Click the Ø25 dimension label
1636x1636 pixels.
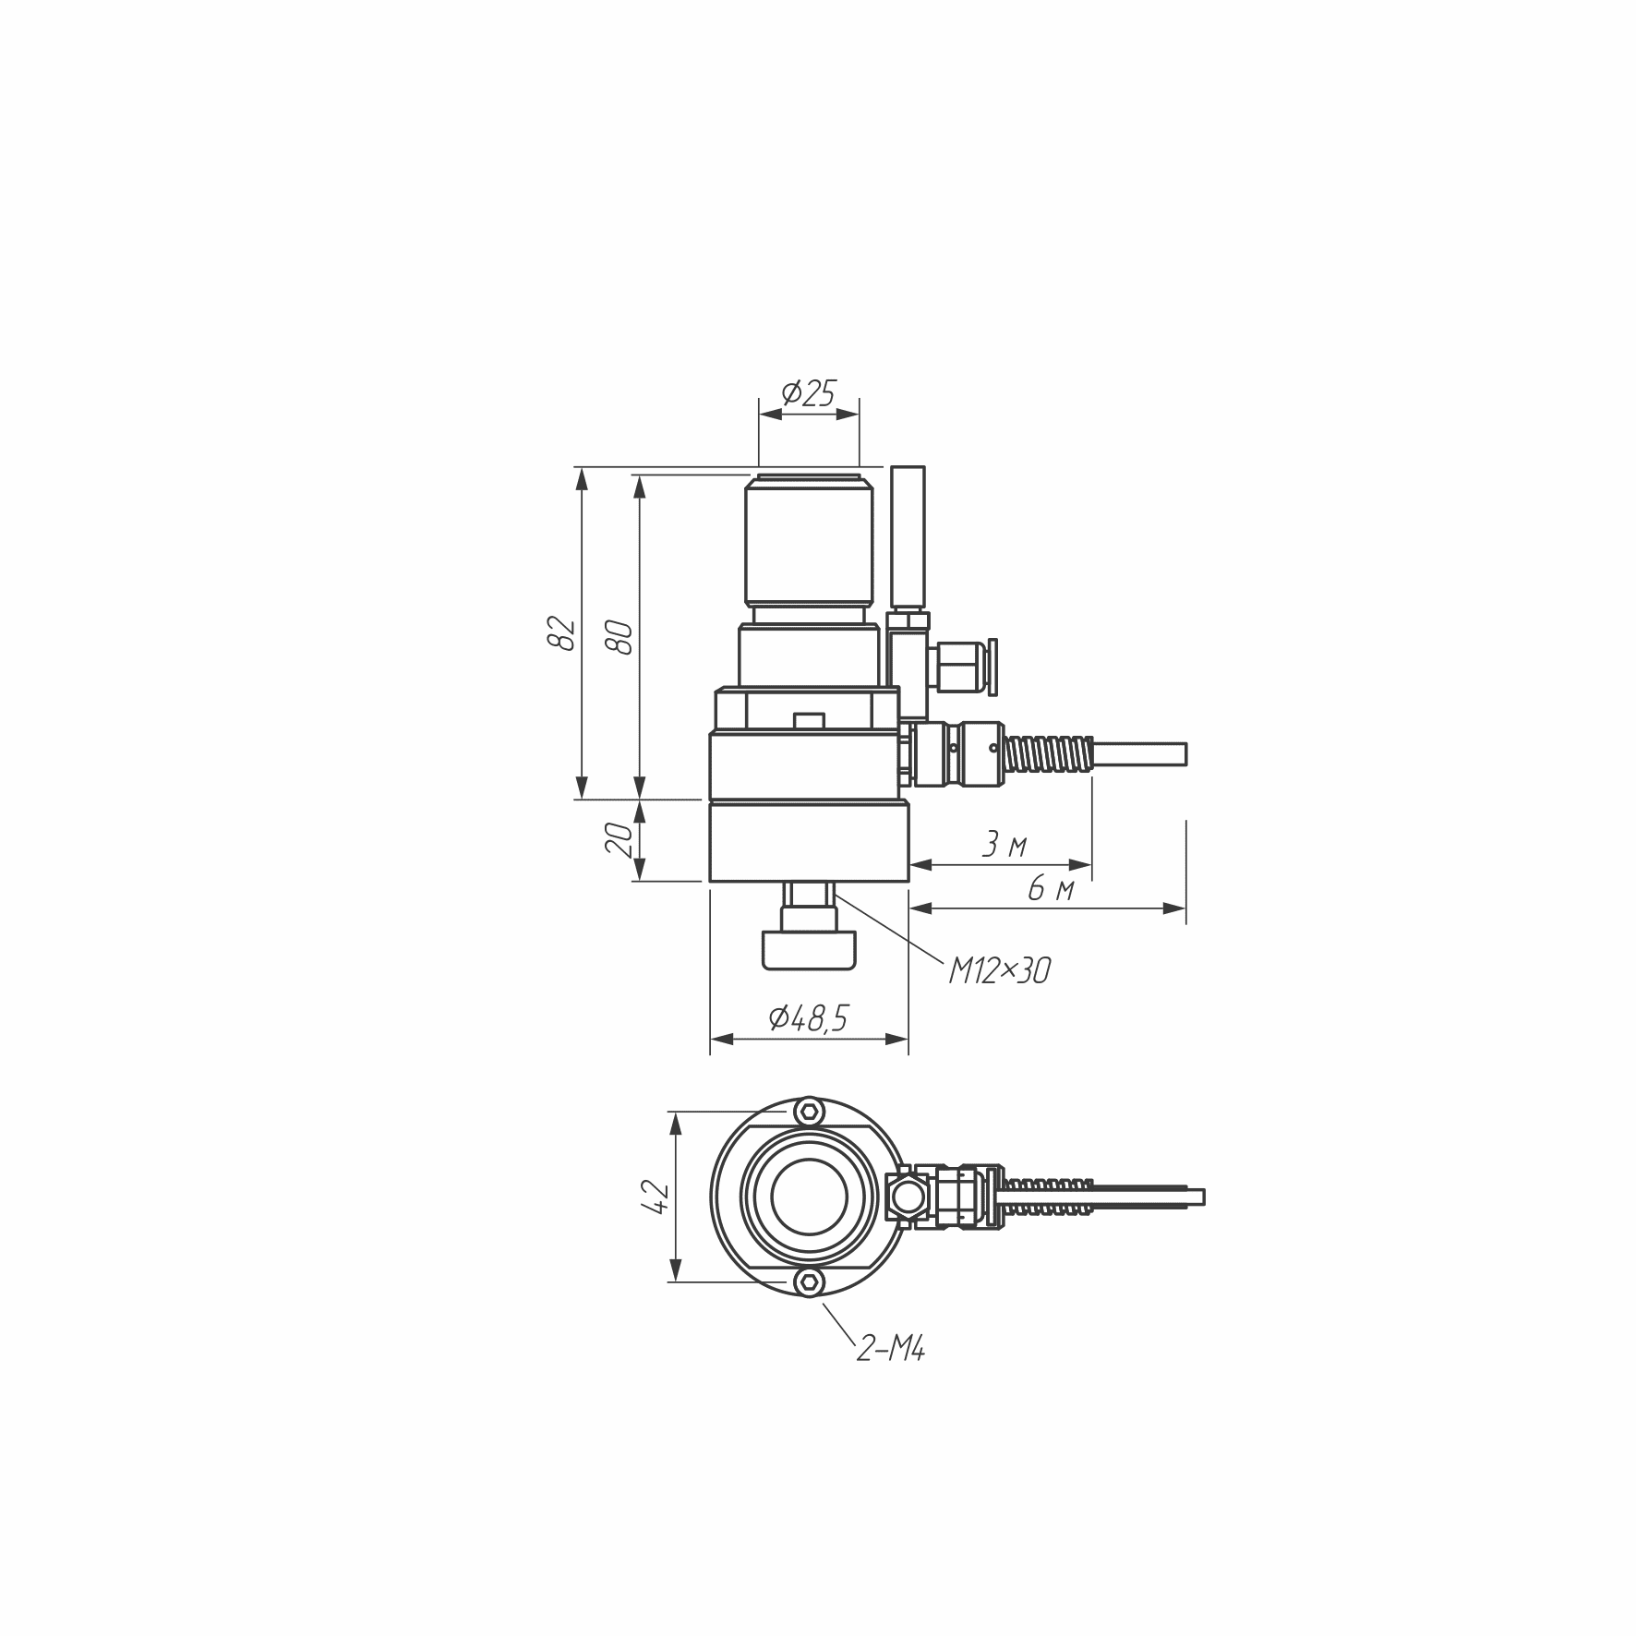point(808,394)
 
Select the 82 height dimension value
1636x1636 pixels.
point(561,632)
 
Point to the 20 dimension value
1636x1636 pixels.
point(620,839)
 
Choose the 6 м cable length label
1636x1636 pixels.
point(1051,889)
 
